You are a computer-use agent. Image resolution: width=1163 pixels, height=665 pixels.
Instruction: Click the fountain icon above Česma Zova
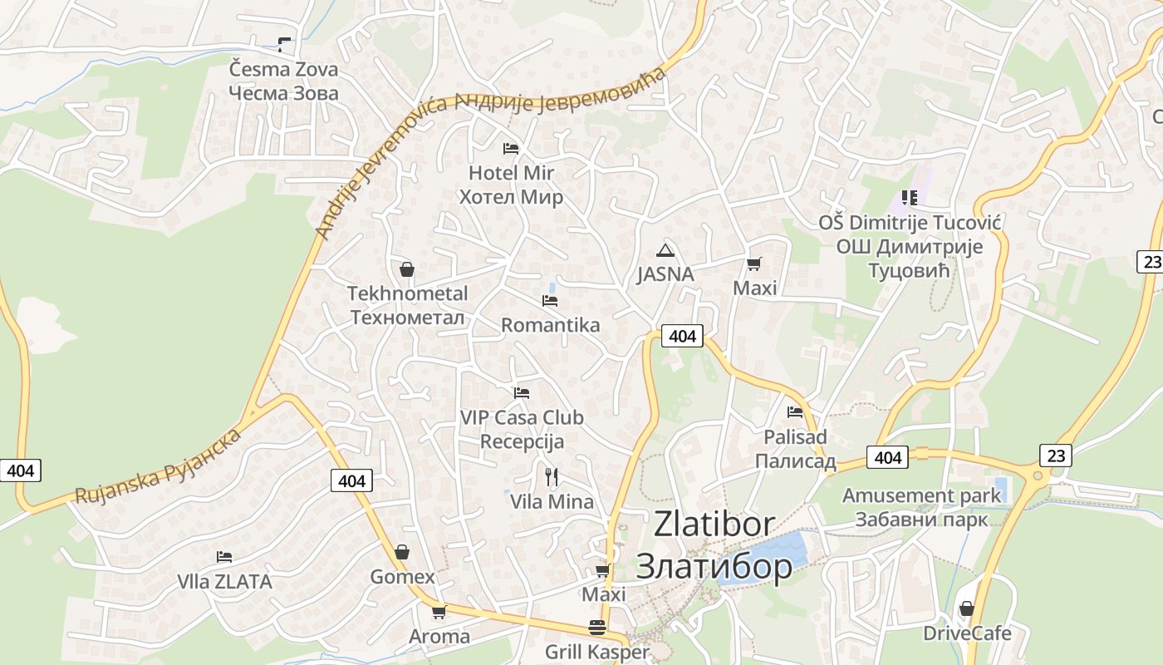pos(285,45)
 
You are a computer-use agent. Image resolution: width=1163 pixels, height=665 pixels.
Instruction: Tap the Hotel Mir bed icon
pos(511,149)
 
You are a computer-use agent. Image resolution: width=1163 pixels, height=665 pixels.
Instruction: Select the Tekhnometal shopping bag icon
pos(407,269)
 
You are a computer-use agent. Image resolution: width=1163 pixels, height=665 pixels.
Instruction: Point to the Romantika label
pos(550,325)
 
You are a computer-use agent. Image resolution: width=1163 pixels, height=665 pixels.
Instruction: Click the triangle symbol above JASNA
pos(665,250)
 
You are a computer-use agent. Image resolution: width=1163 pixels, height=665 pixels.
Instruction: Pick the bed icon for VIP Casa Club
pos(522,392)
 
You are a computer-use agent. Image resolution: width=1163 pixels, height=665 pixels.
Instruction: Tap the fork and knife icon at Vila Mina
pos(551,476)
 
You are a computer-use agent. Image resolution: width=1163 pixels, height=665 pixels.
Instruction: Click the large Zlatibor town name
pos(714,544)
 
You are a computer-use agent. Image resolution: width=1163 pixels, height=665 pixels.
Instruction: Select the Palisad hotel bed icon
pos(795,411)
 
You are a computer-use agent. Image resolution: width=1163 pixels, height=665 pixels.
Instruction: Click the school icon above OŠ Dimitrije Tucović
pos(910,198)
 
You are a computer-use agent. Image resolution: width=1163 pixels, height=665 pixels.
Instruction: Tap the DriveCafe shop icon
pos(966,609)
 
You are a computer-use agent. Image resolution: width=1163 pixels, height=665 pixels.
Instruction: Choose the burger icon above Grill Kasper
pos(597,628)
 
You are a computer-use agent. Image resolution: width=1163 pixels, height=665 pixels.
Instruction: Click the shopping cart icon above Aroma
pos(439,613)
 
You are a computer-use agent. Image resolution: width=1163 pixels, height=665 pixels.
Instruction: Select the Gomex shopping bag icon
pos(402,552)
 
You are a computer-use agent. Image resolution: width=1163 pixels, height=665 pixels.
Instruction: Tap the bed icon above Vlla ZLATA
pos(224,557)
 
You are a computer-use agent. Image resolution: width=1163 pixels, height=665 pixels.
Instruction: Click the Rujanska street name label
pos(159,465)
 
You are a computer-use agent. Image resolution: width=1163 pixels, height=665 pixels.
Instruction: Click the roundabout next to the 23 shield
pos(1037,475)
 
